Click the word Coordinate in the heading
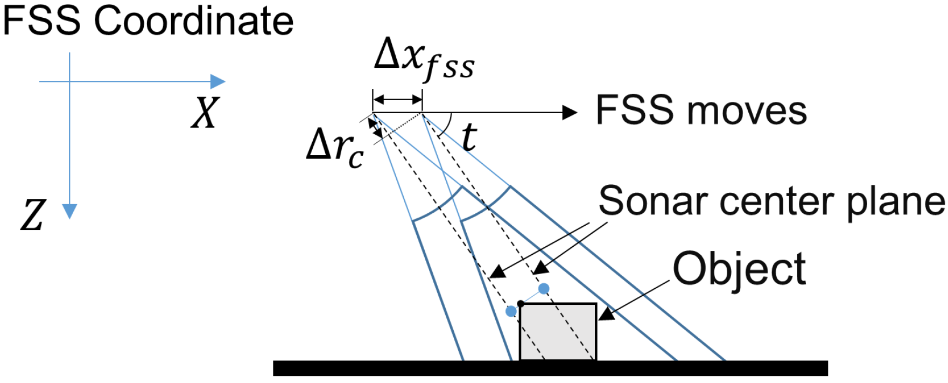coord(194,21)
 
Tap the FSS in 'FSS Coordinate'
coord(42,21)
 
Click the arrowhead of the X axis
coord(217,82)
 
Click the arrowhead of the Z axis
coord(69,212)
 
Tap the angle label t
coord(469,137)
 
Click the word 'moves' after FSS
coord(750,111)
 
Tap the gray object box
coord(558,332)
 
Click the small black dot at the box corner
coord(521,304)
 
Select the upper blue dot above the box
coord(544,289)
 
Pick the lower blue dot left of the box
coord(511,311)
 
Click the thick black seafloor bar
coord(550,368)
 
